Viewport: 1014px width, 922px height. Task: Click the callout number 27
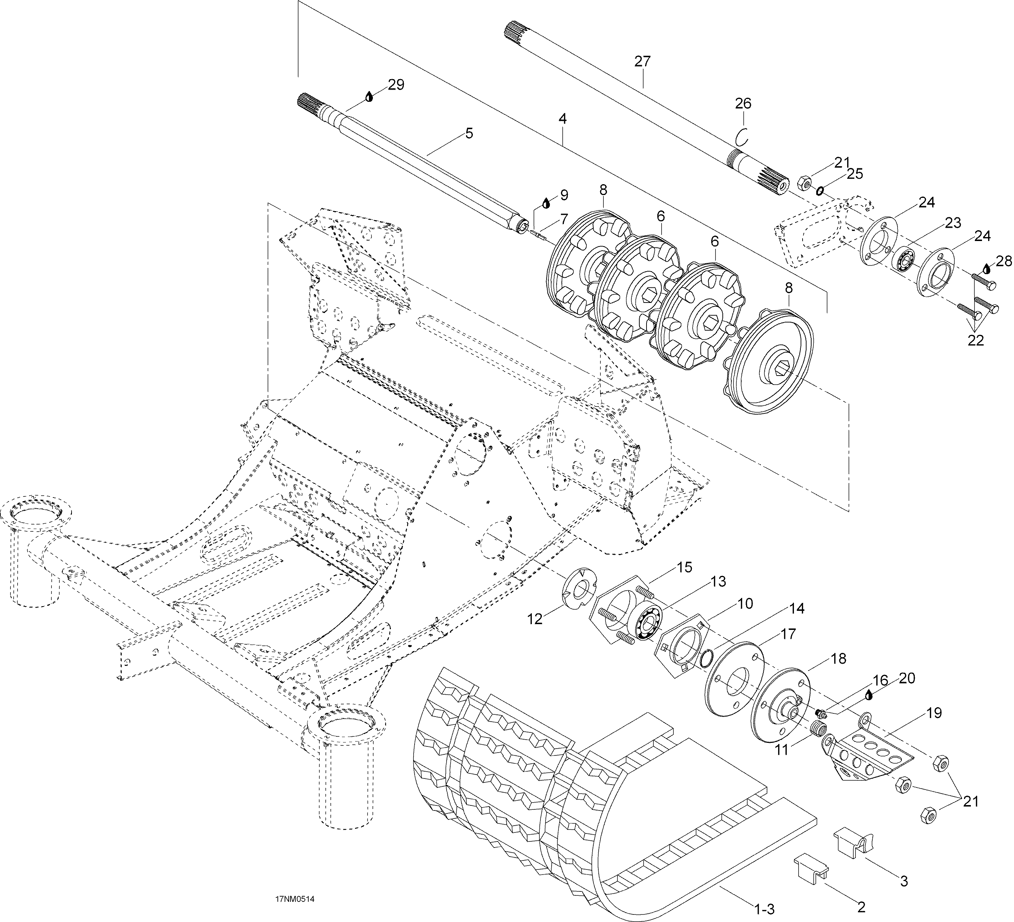click(x=642, y=62)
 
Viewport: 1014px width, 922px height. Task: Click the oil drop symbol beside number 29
click(x=369, y=96)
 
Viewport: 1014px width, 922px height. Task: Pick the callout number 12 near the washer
click(x=535, y=619)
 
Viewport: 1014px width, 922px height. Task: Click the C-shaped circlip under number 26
click(x=743, y=136)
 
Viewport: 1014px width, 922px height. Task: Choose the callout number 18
click(x=839, y=658)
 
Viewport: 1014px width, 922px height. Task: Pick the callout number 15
click(x=684, y=568)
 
